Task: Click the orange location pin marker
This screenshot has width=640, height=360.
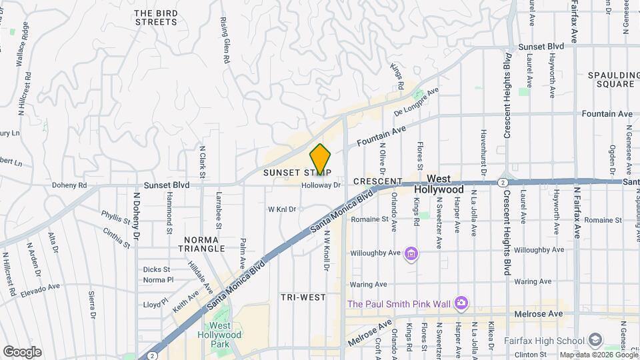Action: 320,160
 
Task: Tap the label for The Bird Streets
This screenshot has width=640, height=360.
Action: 156,17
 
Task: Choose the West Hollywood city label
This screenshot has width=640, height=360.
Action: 445,185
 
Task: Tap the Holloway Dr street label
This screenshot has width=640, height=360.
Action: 321,186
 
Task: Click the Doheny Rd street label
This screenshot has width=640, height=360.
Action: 69,185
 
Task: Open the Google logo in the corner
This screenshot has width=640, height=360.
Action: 22,351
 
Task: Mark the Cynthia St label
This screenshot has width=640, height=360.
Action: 117,238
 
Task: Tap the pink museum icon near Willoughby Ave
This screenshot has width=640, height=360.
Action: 411,254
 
